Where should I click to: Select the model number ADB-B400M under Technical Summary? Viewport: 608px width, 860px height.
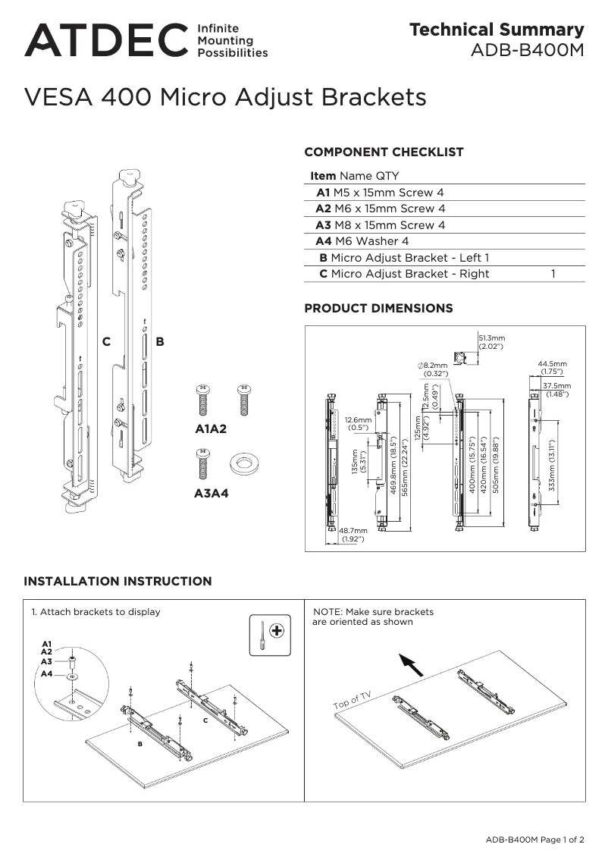coord(528,51)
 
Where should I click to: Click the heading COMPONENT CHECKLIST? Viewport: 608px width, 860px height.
coord(384,152)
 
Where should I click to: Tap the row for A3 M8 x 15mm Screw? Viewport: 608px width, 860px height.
coord(381,225)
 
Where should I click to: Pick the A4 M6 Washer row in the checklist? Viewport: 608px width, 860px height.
coord(362,241)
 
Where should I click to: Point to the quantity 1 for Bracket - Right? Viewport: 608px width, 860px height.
coord(553,274)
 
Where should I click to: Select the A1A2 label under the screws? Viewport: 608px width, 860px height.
coord(212,429)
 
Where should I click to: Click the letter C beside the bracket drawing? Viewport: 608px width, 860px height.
coord(107,342)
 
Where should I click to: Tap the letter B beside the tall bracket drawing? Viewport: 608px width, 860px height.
coord(160,342)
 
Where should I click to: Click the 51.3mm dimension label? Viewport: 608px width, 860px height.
coord(492,342)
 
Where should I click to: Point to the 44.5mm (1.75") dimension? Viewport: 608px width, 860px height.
coord(552,368)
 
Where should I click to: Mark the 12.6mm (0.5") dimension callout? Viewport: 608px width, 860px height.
coord(358,423)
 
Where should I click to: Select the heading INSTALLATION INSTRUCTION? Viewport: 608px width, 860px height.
coord(118,582)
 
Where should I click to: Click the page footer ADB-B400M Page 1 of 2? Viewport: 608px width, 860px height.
coord(535,840)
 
